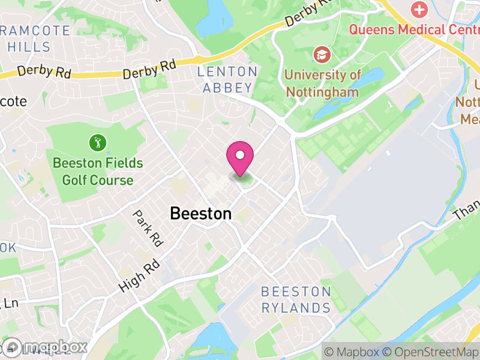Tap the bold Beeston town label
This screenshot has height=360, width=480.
coord(200,213)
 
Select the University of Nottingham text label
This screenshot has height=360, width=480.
coord(322,83)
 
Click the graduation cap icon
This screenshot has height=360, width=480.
coord(322,55)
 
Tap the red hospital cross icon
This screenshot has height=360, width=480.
coord(418,10)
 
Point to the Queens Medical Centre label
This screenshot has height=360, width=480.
coord(414,29)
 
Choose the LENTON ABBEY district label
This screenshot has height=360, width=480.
coord(228,80)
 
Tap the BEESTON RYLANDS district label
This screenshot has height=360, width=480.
coord(296,300)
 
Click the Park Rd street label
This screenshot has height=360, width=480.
coord(148,229)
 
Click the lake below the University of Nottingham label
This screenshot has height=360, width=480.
coord(336,109)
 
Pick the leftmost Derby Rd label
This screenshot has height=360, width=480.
coord(44,71)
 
